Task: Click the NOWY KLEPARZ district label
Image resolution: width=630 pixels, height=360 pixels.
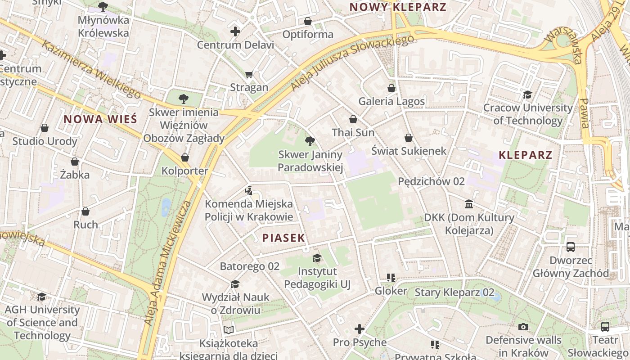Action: pos(398,7)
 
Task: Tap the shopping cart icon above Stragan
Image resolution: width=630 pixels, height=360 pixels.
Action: pos(249,74)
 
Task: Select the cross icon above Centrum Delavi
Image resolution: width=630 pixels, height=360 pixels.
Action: pos(235,31)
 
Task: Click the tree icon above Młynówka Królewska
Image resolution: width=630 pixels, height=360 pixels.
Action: pos(103,7)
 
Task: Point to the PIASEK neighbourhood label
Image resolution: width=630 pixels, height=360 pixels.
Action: pos(283,238)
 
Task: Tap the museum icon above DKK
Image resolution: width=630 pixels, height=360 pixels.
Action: pos(469,204)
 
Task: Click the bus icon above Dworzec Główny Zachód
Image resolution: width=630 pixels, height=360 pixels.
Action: pos(571,247)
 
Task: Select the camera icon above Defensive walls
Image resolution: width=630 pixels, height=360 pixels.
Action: pos(523,327)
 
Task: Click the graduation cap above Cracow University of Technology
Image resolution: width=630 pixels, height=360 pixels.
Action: pos(527,94)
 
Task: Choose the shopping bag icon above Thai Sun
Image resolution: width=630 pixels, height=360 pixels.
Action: pos(353,119)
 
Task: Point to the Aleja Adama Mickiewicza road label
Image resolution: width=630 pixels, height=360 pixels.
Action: pos(168,263)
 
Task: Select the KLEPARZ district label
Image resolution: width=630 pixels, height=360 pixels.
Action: pos(525,155)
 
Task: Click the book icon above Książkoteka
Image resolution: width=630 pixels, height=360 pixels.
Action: pos(229,330)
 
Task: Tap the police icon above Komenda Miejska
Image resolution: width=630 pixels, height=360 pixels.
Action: pos(248,190)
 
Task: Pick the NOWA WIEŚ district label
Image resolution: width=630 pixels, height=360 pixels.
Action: pos(100,119)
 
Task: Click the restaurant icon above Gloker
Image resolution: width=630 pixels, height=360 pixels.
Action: pos(391,278)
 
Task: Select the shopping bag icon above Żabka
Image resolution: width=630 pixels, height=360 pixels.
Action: pos(75,161)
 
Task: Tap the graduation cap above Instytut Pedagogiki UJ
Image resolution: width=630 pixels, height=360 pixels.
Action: pos(317,258)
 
